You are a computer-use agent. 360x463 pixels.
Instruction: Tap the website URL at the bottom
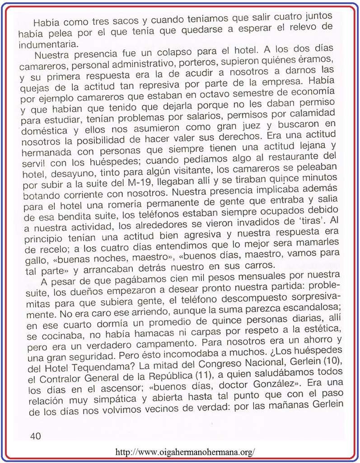point(185,451)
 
